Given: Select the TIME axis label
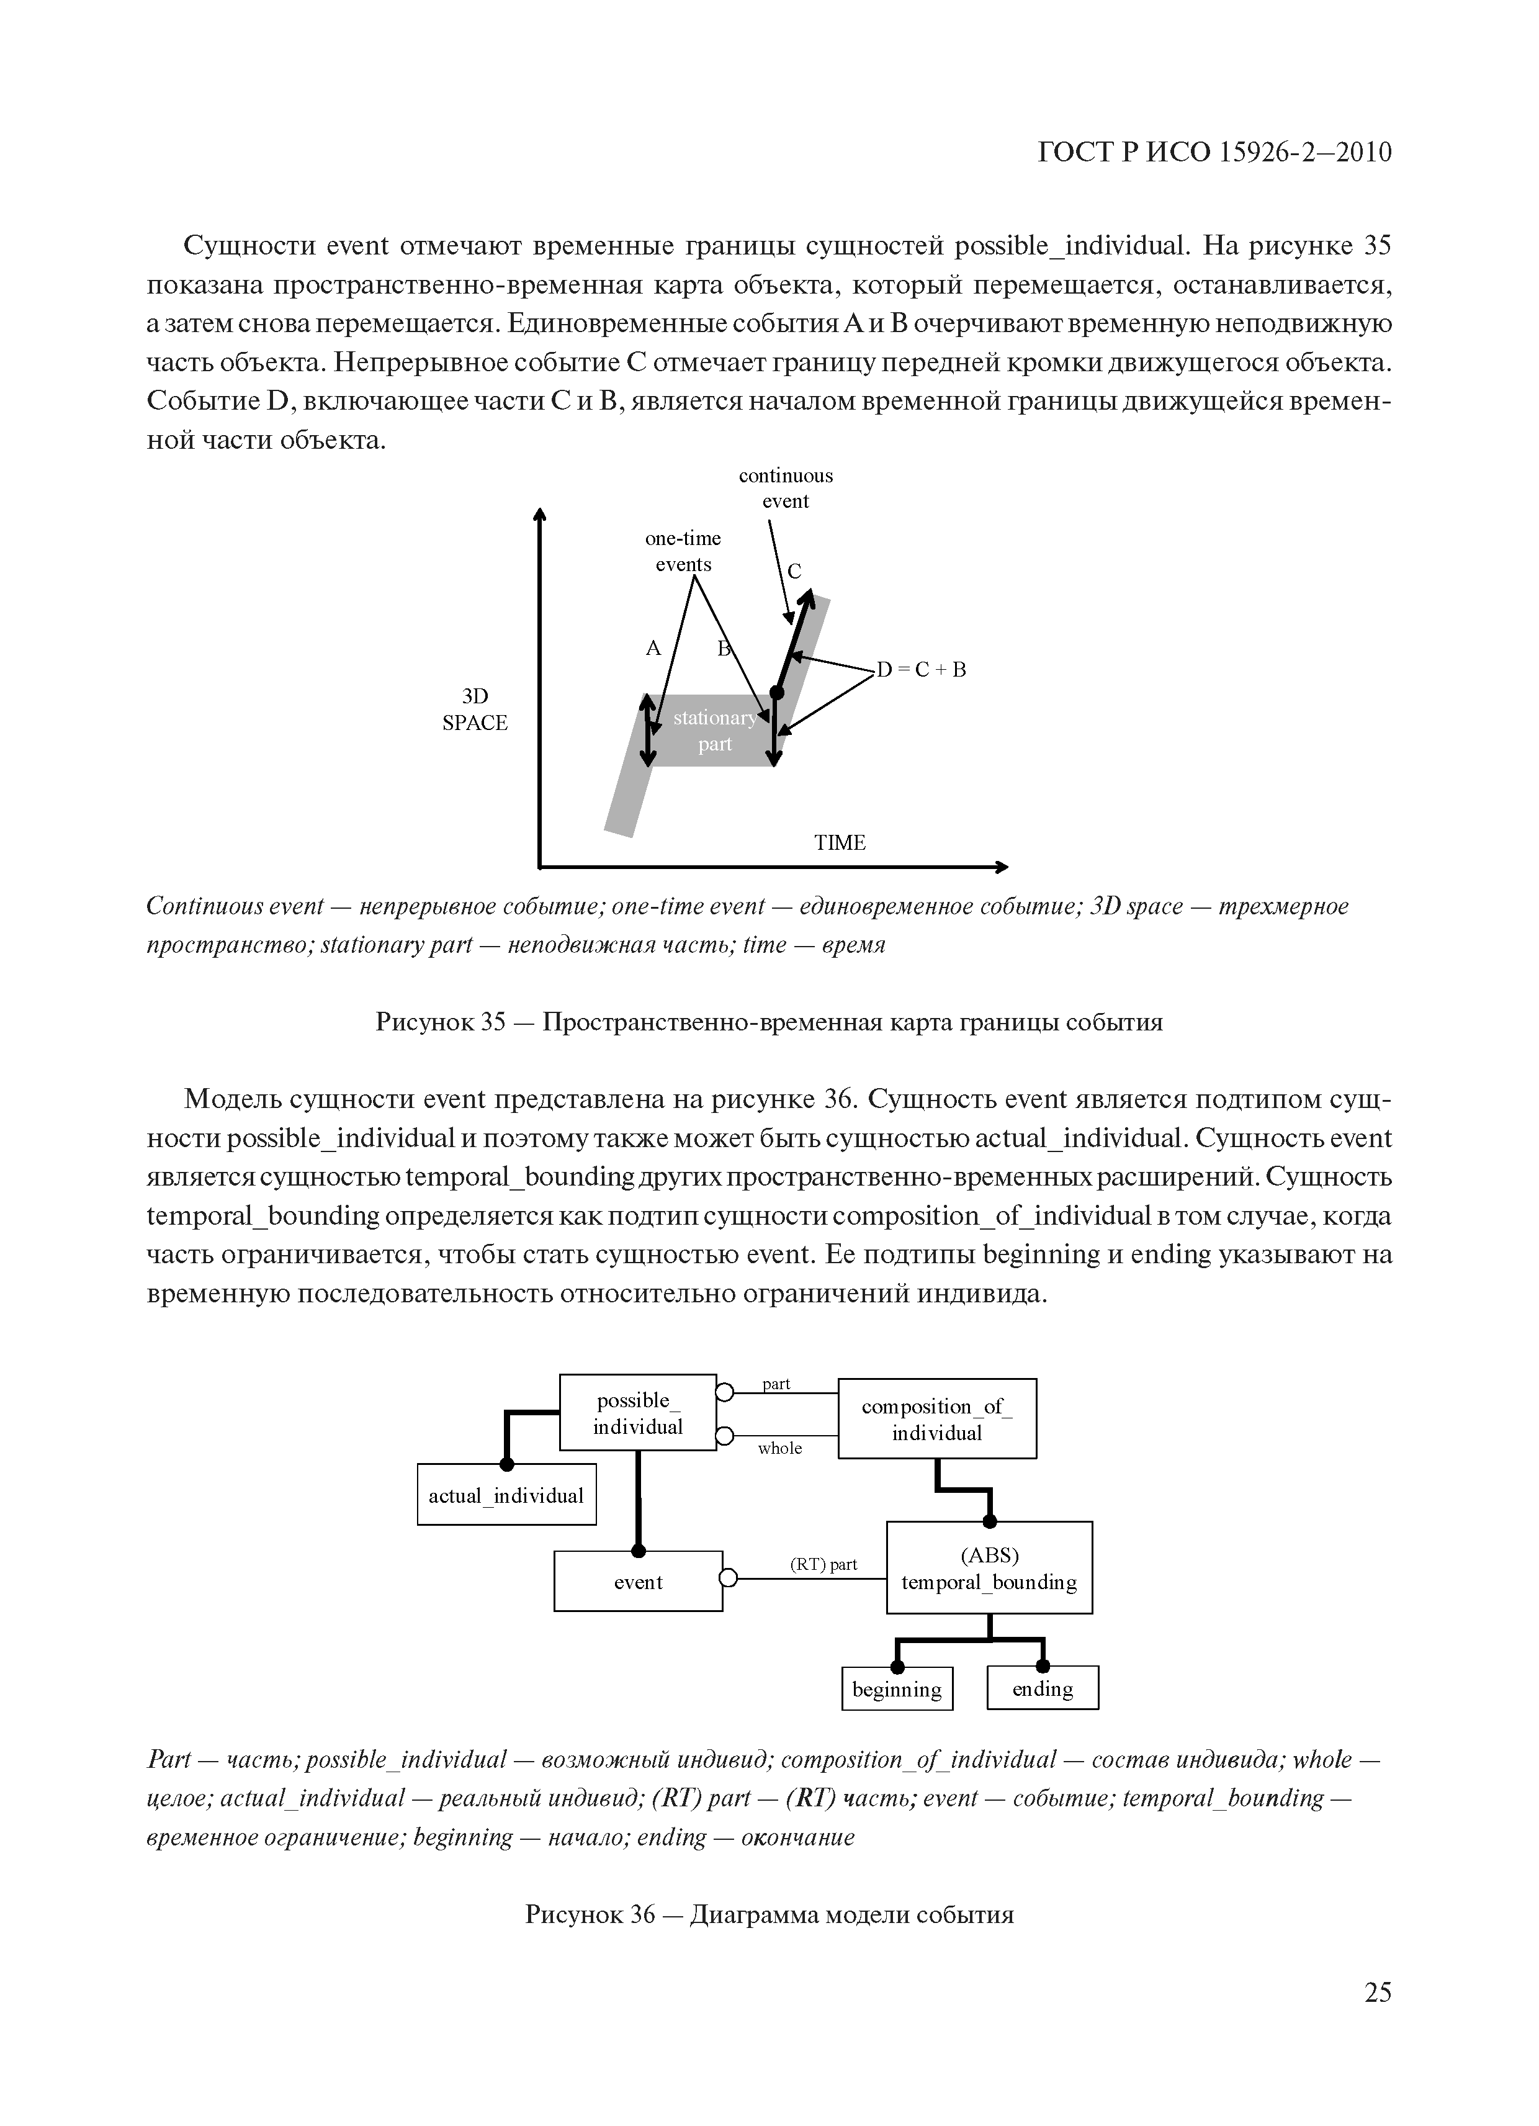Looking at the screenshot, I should [x=839, y=843].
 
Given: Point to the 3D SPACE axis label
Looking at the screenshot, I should [x=475, y=709].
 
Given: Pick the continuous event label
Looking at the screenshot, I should [x=786, y=489].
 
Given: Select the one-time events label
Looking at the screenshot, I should [x=683, y=551].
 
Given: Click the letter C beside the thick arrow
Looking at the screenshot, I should [x=795, y=571].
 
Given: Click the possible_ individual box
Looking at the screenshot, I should [x=637, y=1413].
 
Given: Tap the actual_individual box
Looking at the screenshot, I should [x=506, y=1495].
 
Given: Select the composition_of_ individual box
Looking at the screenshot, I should [x=936, y=1419].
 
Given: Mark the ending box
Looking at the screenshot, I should [x=1043, y=1689].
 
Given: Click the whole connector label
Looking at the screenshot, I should [x=780, y=1448].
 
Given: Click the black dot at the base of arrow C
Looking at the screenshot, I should [x=776, y=691].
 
